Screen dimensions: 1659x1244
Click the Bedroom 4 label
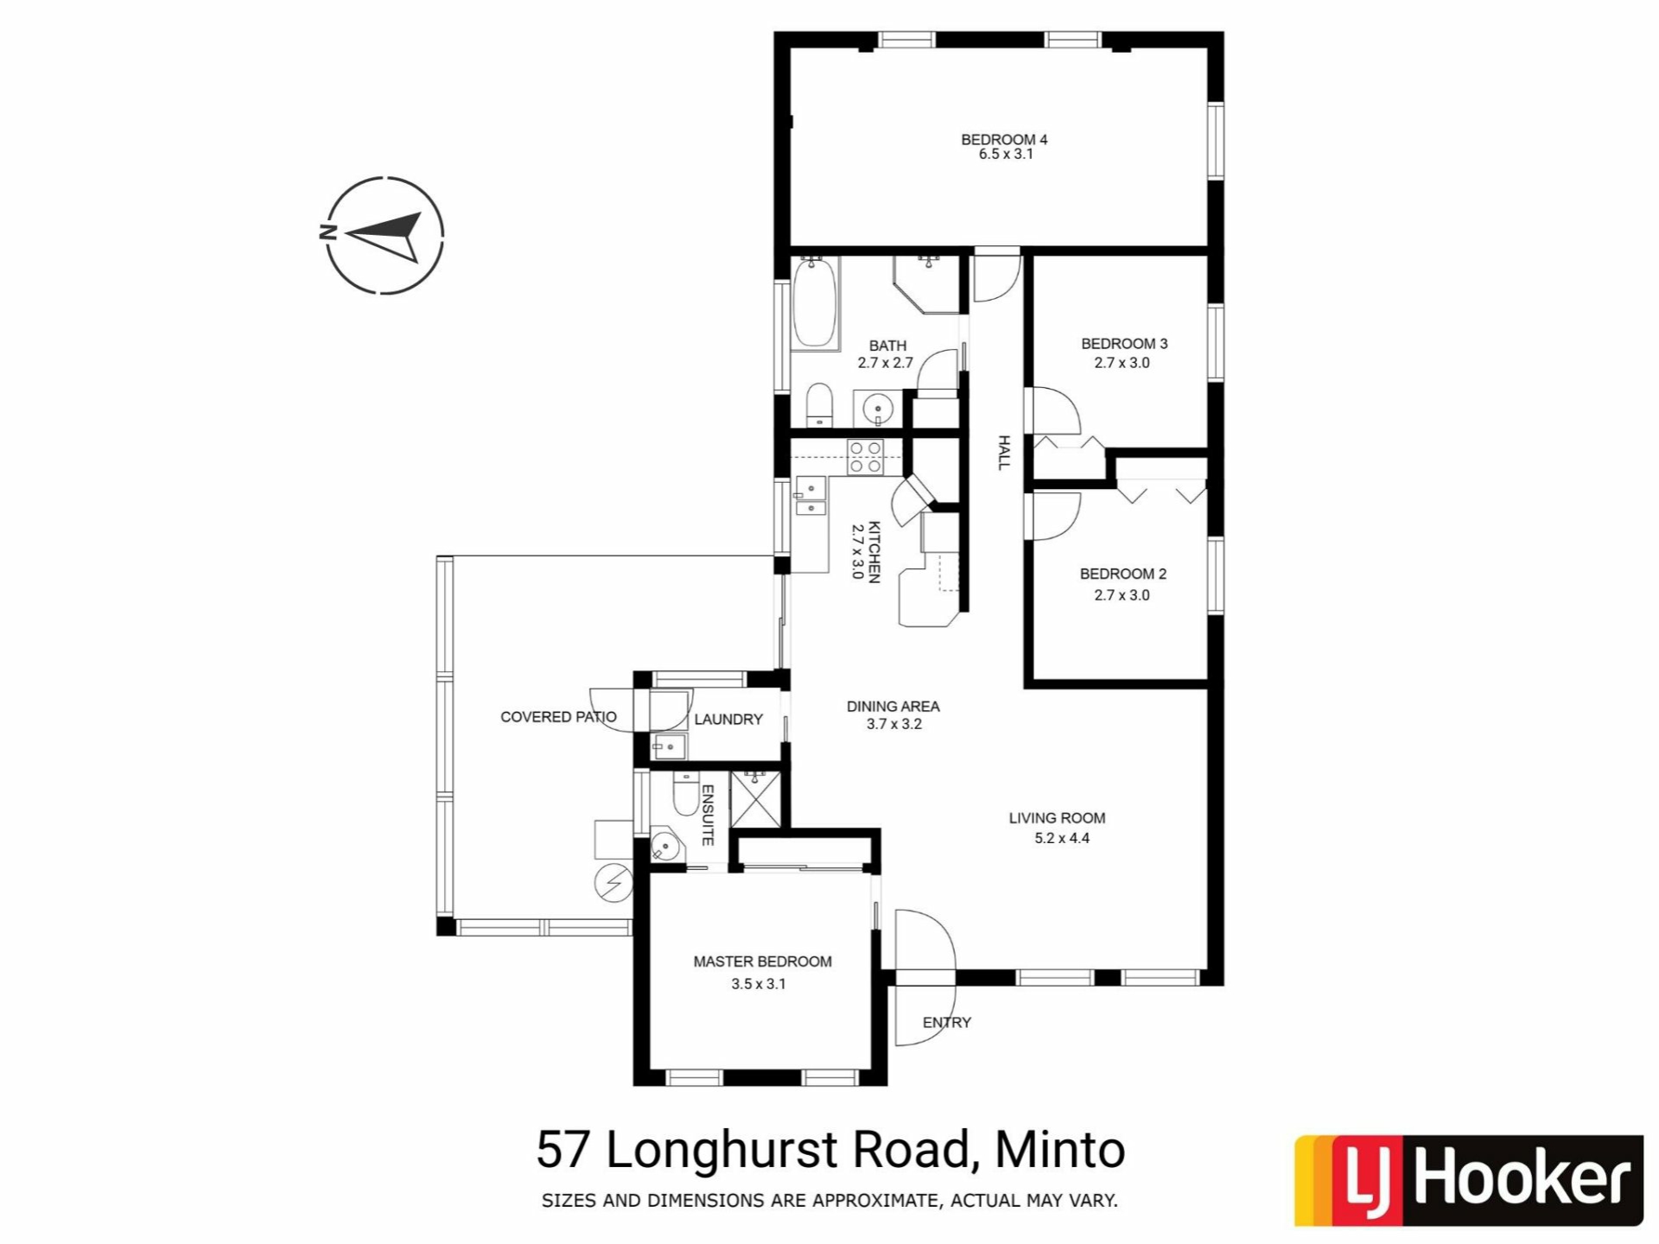[x=1004, y=139]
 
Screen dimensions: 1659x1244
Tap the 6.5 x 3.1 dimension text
[x=1006, y=155]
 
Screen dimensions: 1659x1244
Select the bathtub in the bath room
[x=814, y=302]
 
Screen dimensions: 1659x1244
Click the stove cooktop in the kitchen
[x=865, y=457]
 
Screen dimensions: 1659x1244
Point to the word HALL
[x=1003, y=453]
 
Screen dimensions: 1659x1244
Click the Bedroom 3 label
[x=1124, y=344]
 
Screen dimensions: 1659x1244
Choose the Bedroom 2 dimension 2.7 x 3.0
[x=1122, y=595]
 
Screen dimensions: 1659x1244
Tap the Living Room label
[x=1057, y=818]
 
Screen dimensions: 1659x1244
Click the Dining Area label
[x=893, y=707]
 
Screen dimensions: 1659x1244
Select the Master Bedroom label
[x=762, y=962]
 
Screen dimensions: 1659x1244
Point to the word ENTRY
[x=947, y=1023]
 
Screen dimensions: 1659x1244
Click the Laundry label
[x=728, y=720]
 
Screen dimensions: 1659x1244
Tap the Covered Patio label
[x=558, y=717]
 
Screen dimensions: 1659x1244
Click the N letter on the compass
[x=327, y=232]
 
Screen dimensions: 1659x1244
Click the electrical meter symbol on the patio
[x=613, y=883]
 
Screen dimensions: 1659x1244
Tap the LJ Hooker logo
[x=1468, y=1180]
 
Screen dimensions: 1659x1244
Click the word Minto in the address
[x=1060, y=1150]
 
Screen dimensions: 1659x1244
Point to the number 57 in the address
[x=564, y=1150]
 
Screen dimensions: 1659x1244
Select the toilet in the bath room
[x=818, y=405]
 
